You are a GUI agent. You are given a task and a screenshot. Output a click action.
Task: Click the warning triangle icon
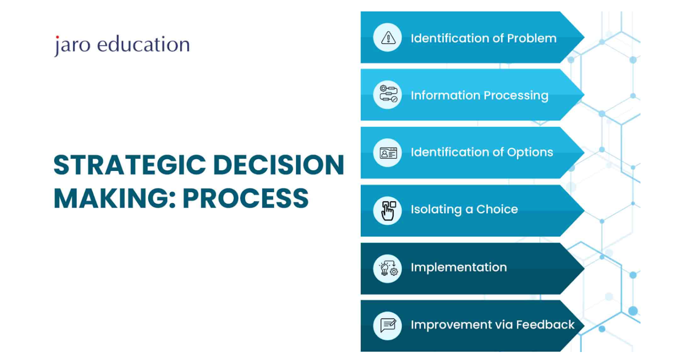click(x=388, y=38)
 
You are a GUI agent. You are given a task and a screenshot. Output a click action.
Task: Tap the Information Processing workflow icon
click(x=388, y=94)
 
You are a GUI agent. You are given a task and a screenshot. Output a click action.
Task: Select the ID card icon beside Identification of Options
click(x=388, y=153)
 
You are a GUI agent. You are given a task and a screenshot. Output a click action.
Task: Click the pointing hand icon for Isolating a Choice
click(x=388, y=211)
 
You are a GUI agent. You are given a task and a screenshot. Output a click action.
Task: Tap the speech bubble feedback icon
click(x=388, y=325)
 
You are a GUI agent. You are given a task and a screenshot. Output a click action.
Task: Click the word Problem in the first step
click(x=532, y=38)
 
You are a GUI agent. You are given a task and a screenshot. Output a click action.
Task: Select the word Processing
click(x=516, y=96)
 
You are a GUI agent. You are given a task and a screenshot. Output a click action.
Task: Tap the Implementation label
click(x=459, y=267)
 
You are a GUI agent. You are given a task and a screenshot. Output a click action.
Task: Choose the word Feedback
click(x=545, y=325)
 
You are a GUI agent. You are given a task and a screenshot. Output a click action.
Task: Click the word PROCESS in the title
click(x=246, y=198)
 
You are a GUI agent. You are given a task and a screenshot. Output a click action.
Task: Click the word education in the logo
click(x=143, y=44)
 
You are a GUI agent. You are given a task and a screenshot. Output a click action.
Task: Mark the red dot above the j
click(x=57, y=37)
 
